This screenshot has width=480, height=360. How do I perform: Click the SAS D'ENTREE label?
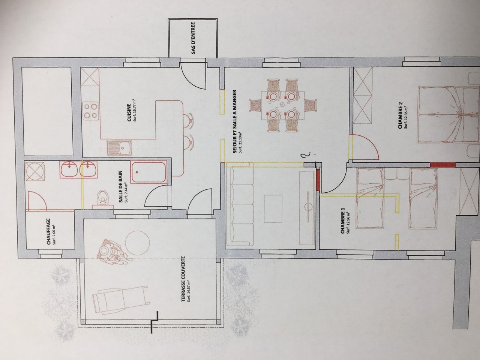(x=193, y=38)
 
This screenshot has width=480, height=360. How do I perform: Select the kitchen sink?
(x=119, y=148)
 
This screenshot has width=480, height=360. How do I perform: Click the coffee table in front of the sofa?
(x=273, y=208)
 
